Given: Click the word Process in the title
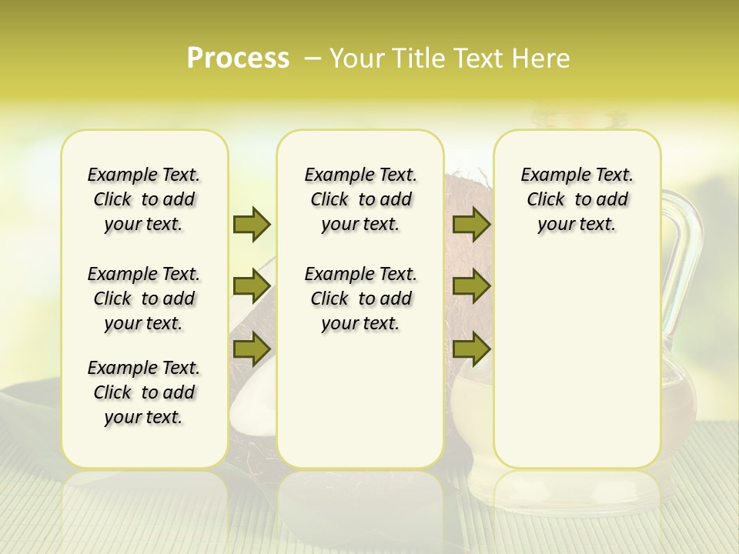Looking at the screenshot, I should click(238, 58).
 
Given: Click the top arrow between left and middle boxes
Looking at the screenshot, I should click(252, 224).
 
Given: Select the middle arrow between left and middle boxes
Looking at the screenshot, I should click(252, 286).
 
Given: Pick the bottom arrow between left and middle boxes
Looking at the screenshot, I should click(252, 349).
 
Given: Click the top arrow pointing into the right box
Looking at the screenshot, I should click(471, 224).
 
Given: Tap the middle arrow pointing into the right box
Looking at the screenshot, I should click(471, 286).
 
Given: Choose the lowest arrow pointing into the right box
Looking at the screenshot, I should click(471, 349).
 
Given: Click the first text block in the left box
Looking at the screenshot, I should click(144, 199).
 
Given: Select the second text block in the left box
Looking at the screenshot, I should click(144, 299).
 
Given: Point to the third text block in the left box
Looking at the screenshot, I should click(144, 392).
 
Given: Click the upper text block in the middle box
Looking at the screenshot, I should click(360, 199).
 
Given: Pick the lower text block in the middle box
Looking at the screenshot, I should click(360, 299).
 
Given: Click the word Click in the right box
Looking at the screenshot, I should click(546, 199).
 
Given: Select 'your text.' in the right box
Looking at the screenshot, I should click(577, 224).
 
